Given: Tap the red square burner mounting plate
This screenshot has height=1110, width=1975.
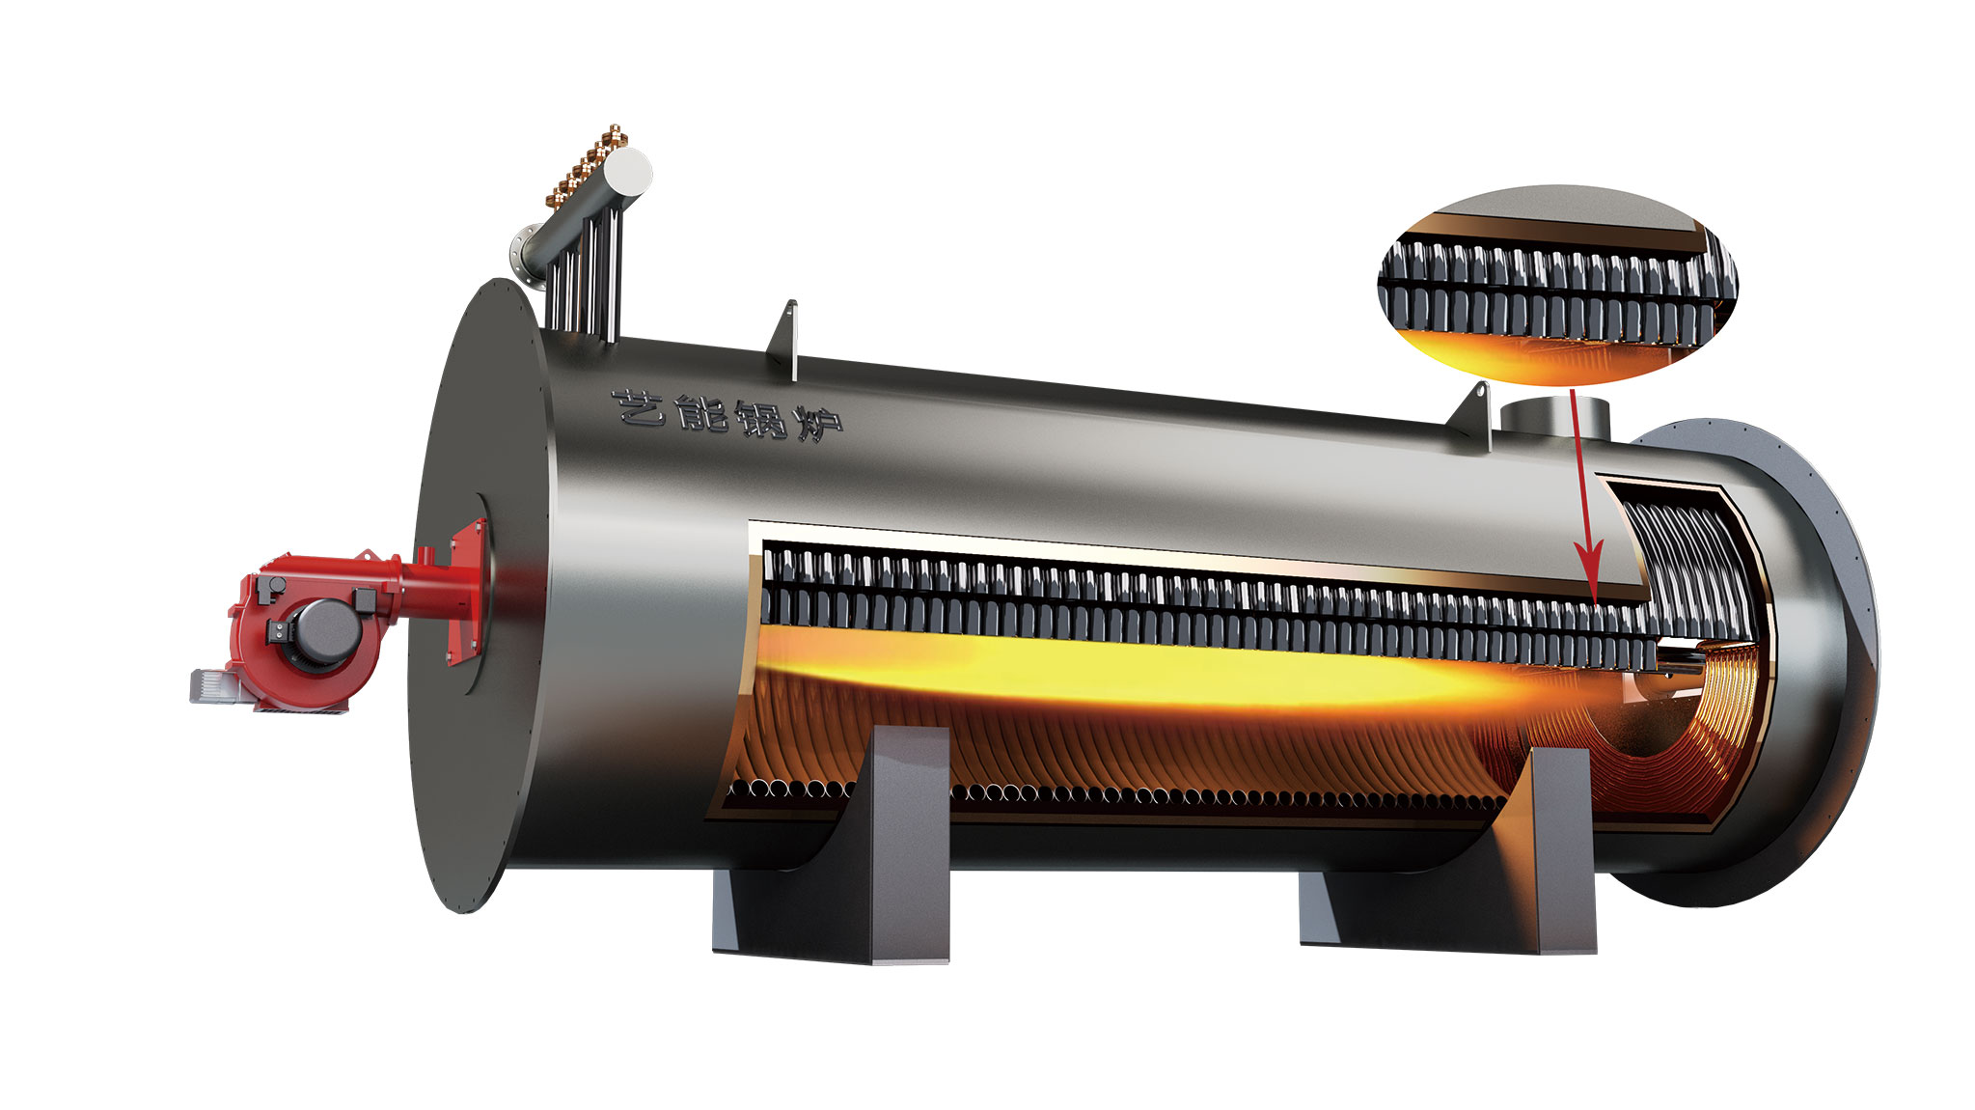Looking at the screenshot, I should click(x=468, y=594).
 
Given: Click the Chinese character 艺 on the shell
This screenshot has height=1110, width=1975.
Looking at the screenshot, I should click(x=640, y=409).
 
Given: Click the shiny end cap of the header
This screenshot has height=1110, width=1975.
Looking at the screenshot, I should click(x=632, y=174).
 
